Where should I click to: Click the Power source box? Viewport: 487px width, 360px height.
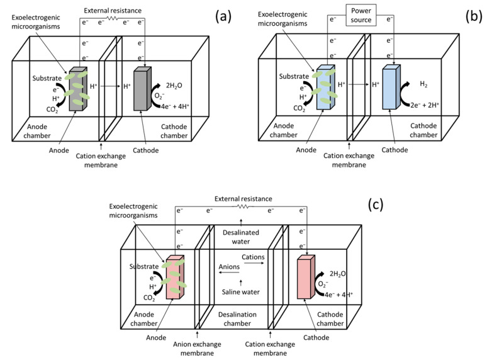pos(361,15)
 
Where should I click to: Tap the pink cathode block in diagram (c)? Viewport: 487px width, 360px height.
pos(306,277)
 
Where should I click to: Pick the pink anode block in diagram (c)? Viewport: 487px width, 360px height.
pos(175,277)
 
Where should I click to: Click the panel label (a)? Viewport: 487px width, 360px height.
pos(223,16)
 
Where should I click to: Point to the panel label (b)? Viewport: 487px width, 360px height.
pos(474,16)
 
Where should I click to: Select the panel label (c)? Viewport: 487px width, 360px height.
pos(376,205)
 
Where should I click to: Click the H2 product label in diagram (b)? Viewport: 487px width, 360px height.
pos(423,84)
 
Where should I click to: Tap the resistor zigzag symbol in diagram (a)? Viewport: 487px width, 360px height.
pos(113,19)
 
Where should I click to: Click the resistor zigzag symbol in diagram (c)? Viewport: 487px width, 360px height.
pos(244,206)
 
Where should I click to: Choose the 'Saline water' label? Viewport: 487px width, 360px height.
pos(241,292)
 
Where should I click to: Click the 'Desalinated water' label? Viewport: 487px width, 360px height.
pos(241,237)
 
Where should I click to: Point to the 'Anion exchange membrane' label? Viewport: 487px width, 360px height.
pos(197,349)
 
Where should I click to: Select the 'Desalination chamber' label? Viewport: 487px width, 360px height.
pos(237,319)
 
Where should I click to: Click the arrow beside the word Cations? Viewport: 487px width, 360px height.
pos(254,264)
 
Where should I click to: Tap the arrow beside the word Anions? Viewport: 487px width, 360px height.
pos(229,273)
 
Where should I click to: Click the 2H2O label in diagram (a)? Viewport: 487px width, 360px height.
pos(174,86)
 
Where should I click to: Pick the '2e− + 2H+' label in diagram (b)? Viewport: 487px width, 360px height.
pos(425,105)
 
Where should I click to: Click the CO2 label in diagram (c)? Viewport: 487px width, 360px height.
pos(149,298)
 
